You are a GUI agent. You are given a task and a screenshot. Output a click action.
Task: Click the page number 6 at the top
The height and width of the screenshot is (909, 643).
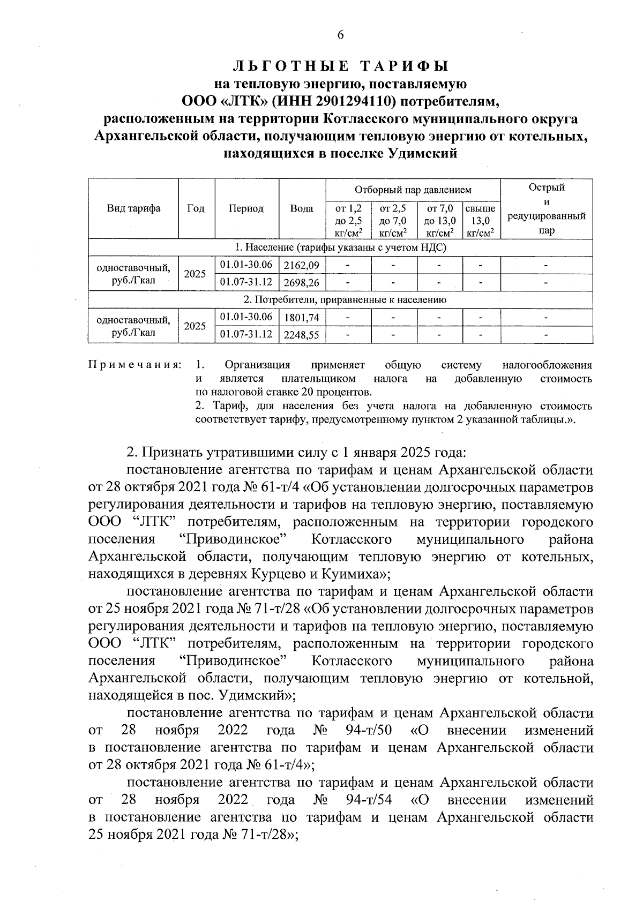point(340,35)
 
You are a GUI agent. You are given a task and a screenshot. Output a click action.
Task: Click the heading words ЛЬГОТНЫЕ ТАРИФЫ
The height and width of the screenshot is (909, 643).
point(340,66)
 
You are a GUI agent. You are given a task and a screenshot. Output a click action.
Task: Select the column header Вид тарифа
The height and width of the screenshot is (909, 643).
point(133,208)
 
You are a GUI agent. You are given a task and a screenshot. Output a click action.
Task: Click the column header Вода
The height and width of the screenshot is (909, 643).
point(302,208)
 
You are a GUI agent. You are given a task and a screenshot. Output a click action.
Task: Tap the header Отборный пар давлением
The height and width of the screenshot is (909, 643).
point(413,190)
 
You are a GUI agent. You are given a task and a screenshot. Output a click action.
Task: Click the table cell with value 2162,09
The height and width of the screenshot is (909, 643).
point(302,265)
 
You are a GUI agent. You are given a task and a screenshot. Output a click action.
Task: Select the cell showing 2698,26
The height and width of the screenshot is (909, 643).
point(302,282)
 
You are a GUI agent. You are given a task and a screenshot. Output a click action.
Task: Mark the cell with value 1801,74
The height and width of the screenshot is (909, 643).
point(302,317)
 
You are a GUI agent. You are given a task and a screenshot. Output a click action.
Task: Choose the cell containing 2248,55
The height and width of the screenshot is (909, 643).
point(302,335)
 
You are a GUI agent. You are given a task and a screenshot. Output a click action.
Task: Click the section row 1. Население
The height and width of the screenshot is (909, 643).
point(340,247)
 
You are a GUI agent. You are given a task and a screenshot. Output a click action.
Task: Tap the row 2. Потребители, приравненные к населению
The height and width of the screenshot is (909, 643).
point(340,299)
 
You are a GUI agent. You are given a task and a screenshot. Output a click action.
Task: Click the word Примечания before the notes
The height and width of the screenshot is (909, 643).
point(133,365)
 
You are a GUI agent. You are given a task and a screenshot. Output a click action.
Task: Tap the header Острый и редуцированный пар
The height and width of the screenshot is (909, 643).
point(546,209)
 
